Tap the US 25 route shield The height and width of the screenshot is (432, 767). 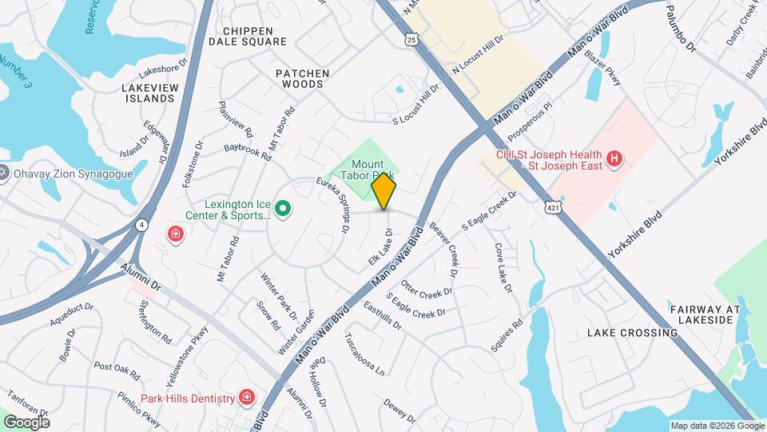pos(411,38)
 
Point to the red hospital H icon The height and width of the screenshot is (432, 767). pos(614,159)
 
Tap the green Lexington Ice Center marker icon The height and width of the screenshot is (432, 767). pos(282,210)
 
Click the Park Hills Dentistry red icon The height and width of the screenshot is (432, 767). pos(247,398)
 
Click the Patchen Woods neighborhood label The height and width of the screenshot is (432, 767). pos(302,78)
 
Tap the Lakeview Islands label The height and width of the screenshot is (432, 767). pos(149,93)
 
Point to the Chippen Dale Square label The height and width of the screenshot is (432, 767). pos(248,36)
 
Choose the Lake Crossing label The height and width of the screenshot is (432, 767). pos(632,333)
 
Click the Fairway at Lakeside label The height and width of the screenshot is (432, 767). pos(701,314)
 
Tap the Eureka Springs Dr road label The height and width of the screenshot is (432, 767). pos(334,205)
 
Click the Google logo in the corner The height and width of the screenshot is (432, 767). pos(26,422)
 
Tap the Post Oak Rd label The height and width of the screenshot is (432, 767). pos(117,370)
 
